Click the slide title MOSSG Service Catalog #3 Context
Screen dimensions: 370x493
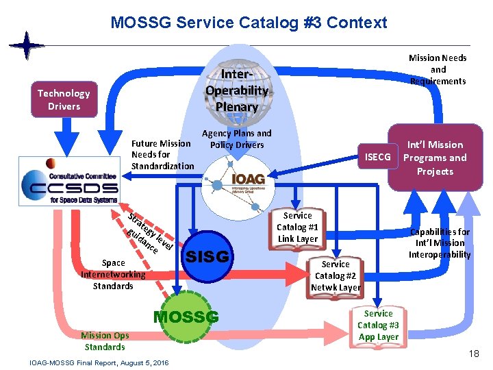point(249,23)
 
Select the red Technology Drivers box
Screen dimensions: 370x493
point(64,99)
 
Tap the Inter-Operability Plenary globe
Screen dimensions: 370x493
point(236,89)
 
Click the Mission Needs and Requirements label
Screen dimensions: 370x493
point(438,69)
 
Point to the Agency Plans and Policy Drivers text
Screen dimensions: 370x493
point(237,139)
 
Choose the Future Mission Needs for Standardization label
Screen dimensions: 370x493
point(162,154)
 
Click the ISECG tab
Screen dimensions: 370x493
point(377,157)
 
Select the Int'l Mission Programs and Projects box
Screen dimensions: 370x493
point(435,158)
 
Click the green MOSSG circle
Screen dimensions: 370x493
point(186,317)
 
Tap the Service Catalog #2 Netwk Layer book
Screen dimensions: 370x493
point(336,275)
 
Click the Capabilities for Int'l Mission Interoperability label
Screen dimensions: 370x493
point(440,243)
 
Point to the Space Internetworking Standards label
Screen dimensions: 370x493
point(113,274)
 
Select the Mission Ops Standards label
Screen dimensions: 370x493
point(105,341)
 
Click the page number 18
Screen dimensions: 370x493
point(474,354)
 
